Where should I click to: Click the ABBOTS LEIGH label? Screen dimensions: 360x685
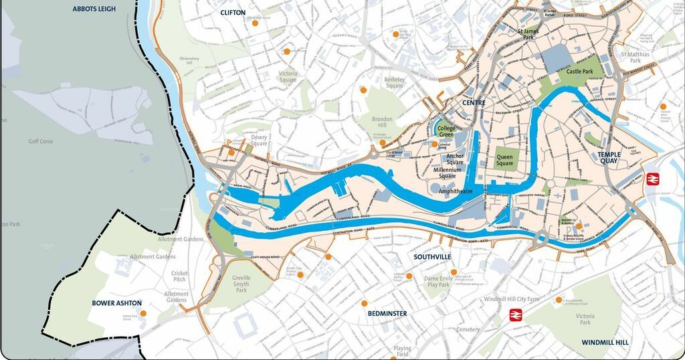tap(94, 9)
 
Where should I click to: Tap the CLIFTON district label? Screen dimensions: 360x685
tap(233, 12)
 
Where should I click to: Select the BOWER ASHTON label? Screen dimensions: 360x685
tap(117, 302)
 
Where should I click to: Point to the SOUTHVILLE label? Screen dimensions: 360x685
tap(432, 257)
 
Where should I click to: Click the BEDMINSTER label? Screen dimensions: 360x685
tap(387, 312)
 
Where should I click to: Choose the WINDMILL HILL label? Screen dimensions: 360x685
tap(605, 342)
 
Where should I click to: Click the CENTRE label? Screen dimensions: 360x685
tap(474, 103)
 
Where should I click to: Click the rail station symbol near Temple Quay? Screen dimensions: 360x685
tap(653, 179)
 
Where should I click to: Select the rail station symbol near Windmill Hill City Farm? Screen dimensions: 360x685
tap(516, 314)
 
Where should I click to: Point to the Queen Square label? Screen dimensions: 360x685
tap(505, 160)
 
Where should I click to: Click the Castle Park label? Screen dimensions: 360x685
tap(579, 72)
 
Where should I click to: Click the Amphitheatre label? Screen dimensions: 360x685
tap(456, 191)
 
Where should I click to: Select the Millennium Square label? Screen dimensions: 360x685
tap(448, 174)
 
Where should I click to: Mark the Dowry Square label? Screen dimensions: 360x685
tap(259, 139)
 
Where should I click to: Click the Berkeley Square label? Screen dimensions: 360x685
tap(395, 82)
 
